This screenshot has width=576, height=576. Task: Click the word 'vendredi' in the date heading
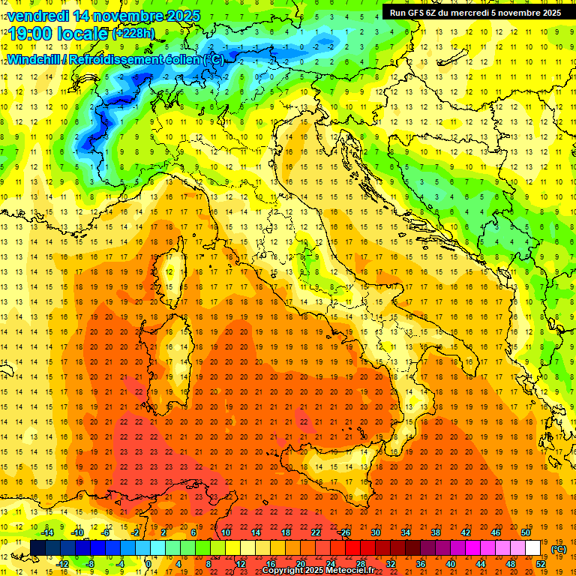(x=37, y=15)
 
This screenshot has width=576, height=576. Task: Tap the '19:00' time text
(x=31, y=33)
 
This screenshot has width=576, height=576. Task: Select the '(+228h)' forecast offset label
(x=134, y=34)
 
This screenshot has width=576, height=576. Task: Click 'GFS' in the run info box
(x=417, y=13)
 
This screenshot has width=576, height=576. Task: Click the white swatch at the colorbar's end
(x=533, y=547)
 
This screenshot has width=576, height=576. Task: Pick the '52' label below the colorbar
(x=541, y=564)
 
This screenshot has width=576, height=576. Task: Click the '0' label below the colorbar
(x=148, y=564)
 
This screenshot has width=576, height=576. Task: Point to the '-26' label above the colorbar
(x=344, y=532)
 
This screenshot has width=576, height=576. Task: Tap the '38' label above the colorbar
(x=436, y=532)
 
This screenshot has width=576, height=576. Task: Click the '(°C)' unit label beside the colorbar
(x=559, y=549)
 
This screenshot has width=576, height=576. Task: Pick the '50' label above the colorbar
(x=526, y=532)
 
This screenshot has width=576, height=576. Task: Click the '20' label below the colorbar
(x=301, y=564)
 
